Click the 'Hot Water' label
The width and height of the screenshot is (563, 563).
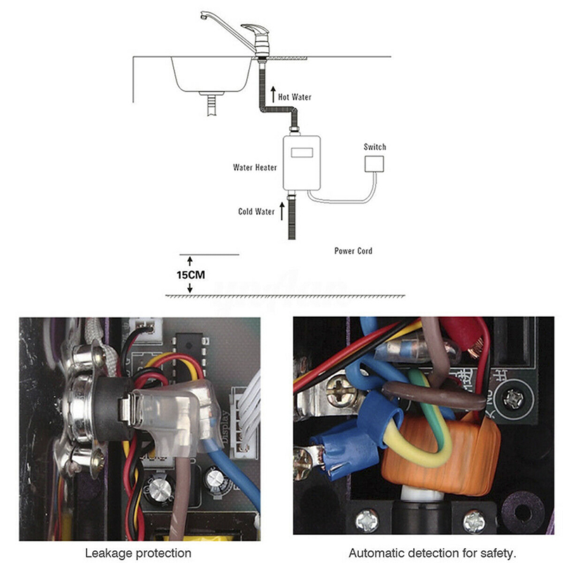point(295,97)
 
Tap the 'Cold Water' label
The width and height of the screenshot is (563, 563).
point(256,211)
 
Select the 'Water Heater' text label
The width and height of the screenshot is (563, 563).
point(255,168)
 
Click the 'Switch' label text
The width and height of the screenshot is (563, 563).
point(374,147)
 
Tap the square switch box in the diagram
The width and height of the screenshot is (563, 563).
point(374,165)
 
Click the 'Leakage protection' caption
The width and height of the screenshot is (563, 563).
point(138,553)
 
